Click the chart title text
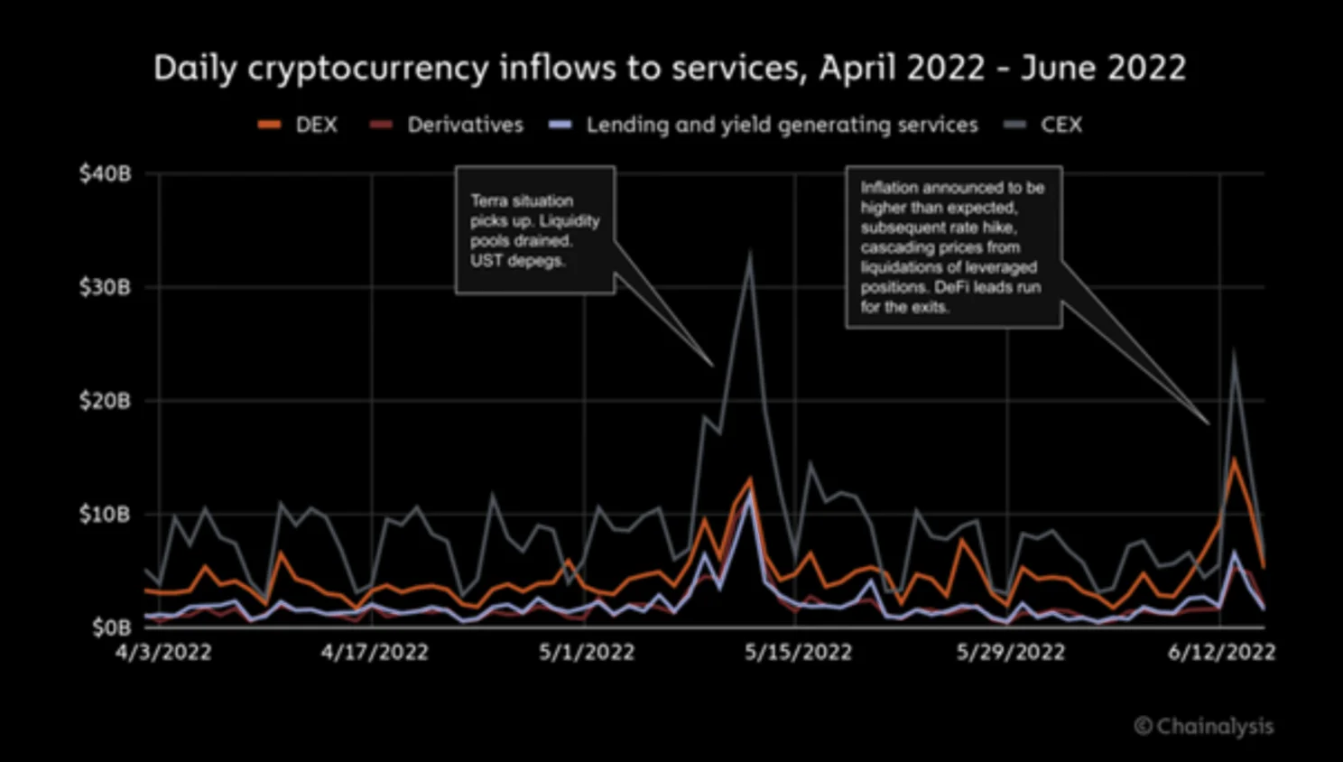(x=670, y=69)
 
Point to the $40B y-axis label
(x=105, y=173)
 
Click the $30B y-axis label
(x=105, y=287)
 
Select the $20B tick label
(x=105, y=401)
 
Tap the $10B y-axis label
(x=105, y=515)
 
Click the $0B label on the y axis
(x=111, y=627)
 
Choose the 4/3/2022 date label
(x=163, y=652)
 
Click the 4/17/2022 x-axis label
(x=375, y=652)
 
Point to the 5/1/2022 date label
(x=587, y=652)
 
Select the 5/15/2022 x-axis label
(x=798, y=652)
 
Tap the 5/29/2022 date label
(x=1010, y=652)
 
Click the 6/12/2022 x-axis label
(x=1221, y=652)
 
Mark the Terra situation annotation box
(x=534, y=230)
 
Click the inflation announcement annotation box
(x=953, y=246)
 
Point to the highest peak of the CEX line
(x=749, y=256)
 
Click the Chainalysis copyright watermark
(x=1204, y=726)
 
